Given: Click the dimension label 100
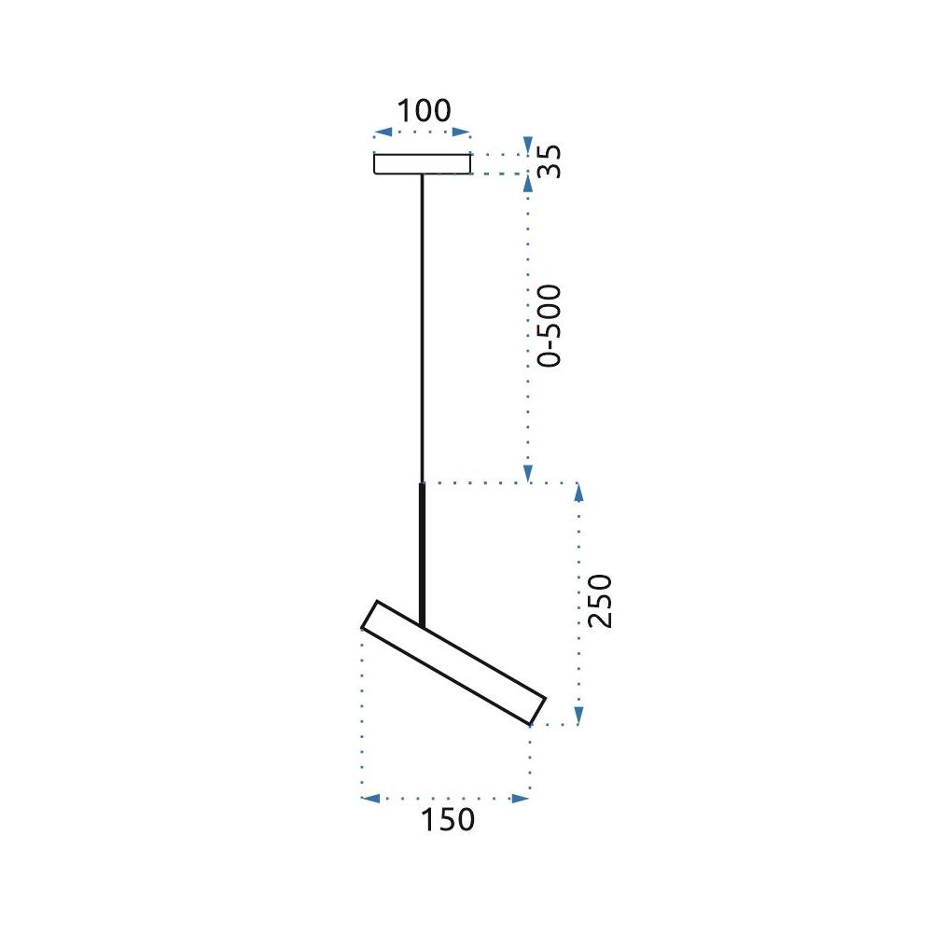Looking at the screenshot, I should point(424,110).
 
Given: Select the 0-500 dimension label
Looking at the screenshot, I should point(550,325).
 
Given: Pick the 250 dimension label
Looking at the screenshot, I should point(601,600).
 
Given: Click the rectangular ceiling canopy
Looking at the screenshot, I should point(422,164).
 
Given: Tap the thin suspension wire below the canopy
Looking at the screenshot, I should point(422,327).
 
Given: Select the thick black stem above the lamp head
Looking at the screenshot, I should point(422,550).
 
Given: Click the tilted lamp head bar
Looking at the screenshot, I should point(453,662).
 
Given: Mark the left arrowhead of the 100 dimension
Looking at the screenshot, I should point(379,133).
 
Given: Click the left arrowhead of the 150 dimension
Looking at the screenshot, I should point(369,799).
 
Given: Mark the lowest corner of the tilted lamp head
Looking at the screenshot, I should point(529,724).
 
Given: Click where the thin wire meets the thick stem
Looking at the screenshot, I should point(422,482).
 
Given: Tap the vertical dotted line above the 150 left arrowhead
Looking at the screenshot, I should point(362,709).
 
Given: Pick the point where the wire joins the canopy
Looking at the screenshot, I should point(422,175).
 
